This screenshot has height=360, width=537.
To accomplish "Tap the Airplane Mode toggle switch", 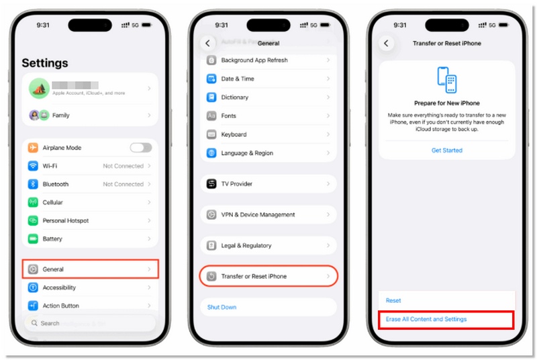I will (140, 148).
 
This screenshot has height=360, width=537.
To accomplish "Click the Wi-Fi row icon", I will (33, 166).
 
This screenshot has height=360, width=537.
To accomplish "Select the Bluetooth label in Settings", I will (56, 184).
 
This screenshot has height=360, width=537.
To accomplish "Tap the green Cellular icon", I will (33, 202).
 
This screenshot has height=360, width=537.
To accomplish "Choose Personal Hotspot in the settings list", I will (66, 220).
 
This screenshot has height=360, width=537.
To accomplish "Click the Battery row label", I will (52, 238).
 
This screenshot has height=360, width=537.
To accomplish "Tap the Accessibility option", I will (59, 287).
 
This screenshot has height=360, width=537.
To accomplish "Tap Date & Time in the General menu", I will (238, 79).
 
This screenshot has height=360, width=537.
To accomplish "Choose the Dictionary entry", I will (235, 97).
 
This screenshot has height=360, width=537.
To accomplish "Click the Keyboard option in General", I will (234, 134).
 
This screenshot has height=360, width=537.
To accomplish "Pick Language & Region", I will (247, 153).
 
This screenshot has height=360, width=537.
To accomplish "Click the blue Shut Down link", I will (222, 307).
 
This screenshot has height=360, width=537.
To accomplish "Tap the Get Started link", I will (446, 150).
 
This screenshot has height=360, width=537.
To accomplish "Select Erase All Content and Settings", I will (426, 319).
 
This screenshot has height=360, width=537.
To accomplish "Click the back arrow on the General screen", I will (207, 43).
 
